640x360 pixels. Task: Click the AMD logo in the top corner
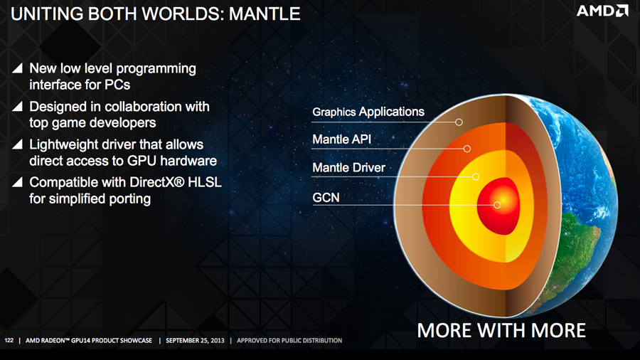tap(602, 11)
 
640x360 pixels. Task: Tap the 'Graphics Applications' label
tap(368, 112)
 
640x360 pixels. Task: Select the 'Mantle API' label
tap(341, 139)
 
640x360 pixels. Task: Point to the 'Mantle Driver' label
tap(348, 168)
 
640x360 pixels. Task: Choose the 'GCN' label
tap(326, 196)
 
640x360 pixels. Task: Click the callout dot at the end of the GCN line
tap(497, 205)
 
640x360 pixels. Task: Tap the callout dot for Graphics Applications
tap(459, 122)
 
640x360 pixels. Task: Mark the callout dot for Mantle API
tap(467, 149)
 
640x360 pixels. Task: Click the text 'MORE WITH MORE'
tap(501, 330)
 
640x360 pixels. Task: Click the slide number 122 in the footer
tap(9, 341)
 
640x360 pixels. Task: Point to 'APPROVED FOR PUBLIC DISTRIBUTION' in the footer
tap(289, 341)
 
